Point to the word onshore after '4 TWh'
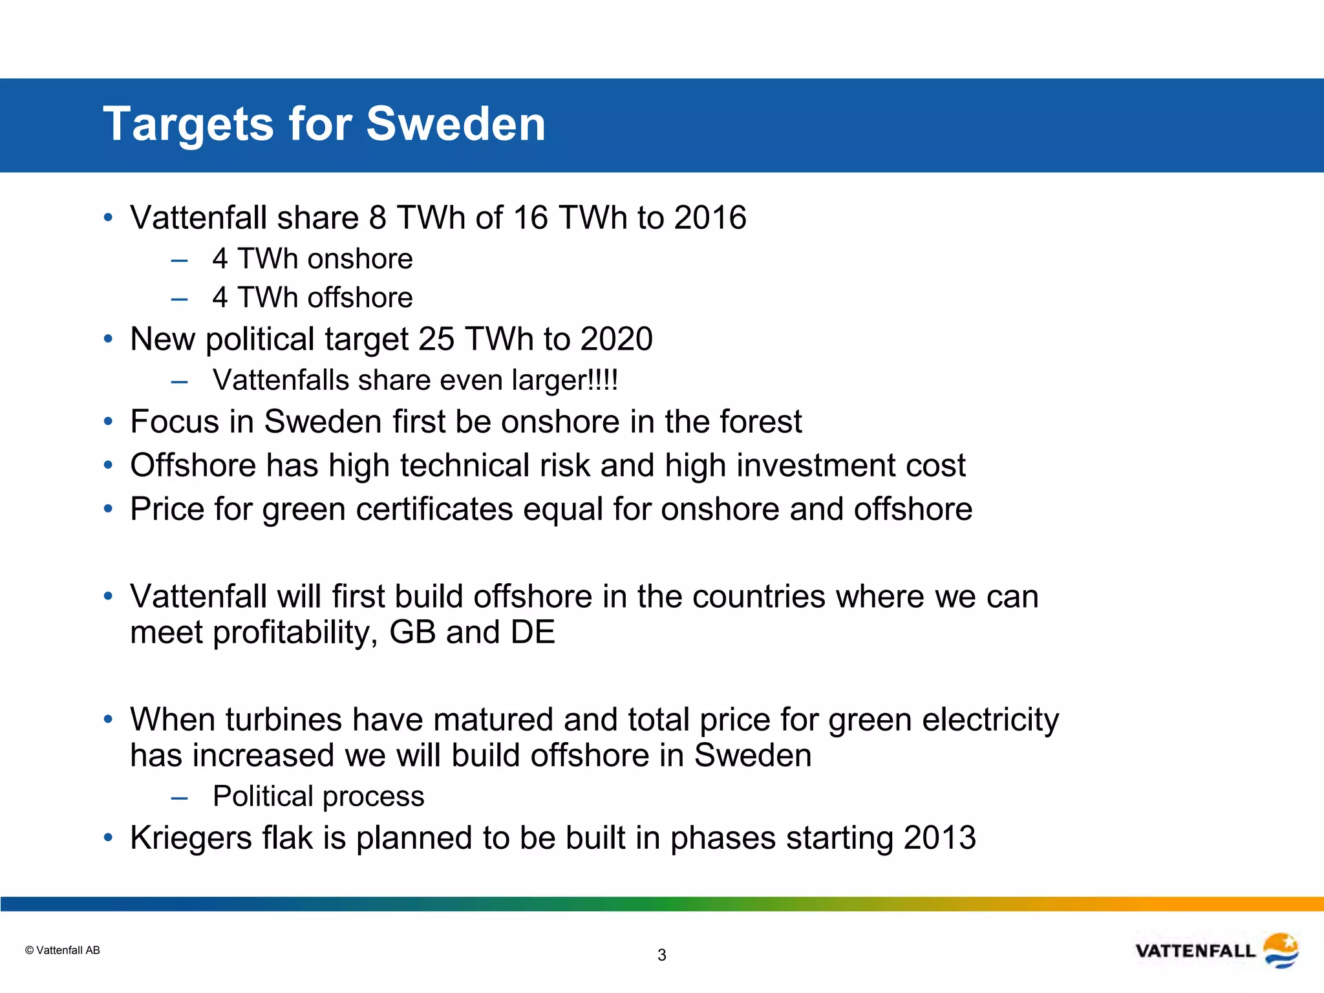(359, 259)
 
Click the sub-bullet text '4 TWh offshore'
(312, 298)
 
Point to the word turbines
(283, 720)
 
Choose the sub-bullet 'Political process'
(318, 796)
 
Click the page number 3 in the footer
(661, 955)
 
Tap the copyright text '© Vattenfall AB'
(63, 950)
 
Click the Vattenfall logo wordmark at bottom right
(1195, 951)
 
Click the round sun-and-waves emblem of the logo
(1281, 950)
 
